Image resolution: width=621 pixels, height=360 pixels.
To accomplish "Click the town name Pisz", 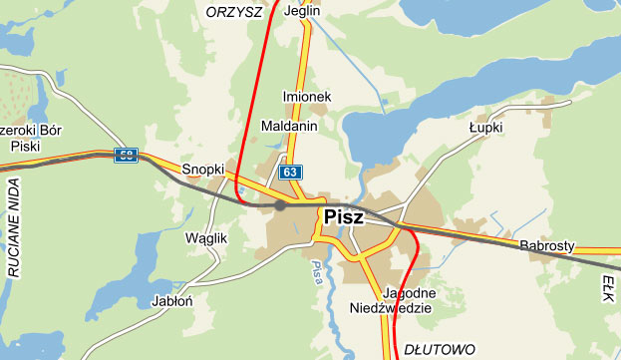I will pos(344,216).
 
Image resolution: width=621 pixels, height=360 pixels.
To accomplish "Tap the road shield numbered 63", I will pos(290,173).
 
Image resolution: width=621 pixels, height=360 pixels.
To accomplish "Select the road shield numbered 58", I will pos(125,155).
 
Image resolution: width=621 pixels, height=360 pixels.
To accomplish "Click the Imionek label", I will pos(307,97).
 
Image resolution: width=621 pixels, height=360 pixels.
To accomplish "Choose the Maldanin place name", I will pos(288,127).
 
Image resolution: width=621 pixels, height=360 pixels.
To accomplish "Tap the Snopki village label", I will pos(202,170).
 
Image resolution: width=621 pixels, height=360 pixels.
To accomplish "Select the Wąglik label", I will pos(207,238).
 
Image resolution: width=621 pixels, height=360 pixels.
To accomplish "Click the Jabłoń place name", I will pos(171,300).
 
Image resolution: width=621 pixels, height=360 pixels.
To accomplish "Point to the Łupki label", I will pos(485,128).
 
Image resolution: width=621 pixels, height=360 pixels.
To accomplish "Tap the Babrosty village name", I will pos(547,245).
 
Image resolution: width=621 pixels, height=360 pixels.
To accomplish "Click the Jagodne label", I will pos(409,293).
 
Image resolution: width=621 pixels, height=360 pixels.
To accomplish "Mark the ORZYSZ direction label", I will pos(233,11).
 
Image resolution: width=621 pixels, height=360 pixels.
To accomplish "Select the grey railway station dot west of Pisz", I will pos(280,206).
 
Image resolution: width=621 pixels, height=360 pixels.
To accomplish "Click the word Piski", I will pos(24,146).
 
